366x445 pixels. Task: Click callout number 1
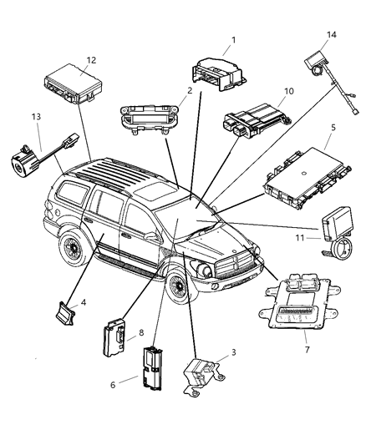tap(233, 40)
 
